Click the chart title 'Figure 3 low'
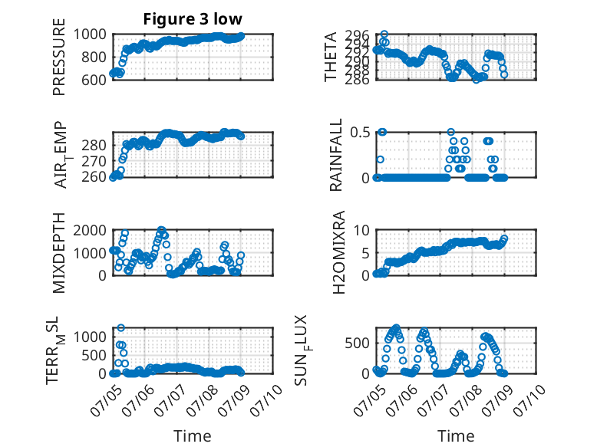(193, 19)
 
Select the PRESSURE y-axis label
(59, 57)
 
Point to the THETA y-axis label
(331, 57)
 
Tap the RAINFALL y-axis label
(336, 155)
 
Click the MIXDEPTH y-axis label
(59, 252)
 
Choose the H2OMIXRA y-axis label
(339, 252)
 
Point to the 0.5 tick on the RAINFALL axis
(360, 133)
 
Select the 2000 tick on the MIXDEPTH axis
(90, 230)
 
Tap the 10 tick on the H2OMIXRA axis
(361, 230)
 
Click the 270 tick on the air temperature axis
(94, 161)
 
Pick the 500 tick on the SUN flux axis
(357, 343)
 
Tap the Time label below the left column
(193, 435)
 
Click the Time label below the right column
(456, 435)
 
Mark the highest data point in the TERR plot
(121, 327)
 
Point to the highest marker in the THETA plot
(384, 35)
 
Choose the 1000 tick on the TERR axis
(90, 337)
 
